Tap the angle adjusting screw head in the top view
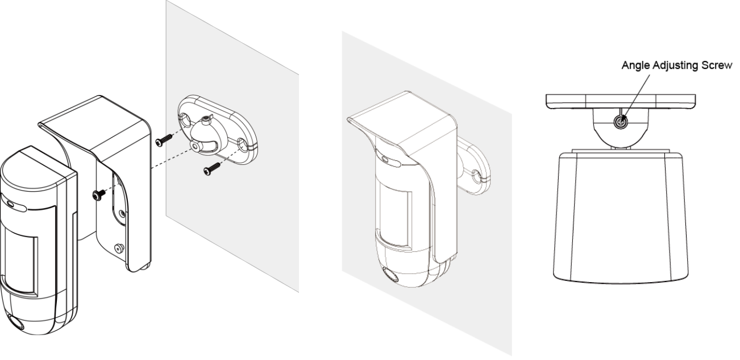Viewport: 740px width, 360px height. (621, 122)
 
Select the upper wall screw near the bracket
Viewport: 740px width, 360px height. (164, 139)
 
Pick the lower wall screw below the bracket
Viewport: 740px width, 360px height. (212, 168)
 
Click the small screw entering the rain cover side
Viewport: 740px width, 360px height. (99, 195)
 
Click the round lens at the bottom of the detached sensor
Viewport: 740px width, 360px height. (15, 322)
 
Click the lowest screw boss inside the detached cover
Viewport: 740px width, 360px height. (118, 249)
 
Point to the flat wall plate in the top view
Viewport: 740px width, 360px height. (621, 101)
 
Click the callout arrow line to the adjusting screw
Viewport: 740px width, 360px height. (635, 97)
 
